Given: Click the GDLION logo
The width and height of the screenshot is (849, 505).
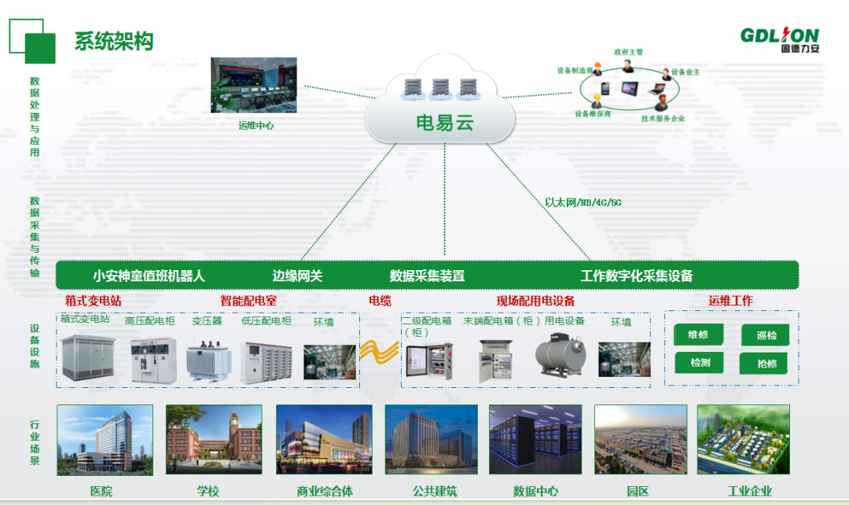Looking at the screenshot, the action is pyautogui.click(x=779, y=36).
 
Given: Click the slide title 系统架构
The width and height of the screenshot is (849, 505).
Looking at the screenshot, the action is pyautogui.click(x=113, y=41).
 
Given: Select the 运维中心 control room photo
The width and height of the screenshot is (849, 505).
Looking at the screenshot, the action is pyautogui.click(x=253, y=85).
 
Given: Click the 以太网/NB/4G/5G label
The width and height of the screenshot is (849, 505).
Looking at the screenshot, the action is pyautogui.click(x=583, y=203).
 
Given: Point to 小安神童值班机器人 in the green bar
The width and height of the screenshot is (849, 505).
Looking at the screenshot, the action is pyautogui.click(x=149, y=276).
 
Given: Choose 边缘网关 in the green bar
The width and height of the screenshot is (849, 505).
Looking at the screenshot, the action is pyautogui.click(x=297, y=276).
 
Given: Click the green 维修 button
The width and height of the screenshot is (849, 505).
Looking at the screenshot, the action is pyautogui.click(x=698, y=335).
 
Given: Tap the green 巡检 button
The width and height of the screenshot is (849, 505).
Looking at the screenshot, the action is pyautogui.click(x=766, y=335).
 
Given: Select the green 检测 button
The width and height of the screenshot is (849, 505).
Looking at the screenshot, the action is pyautogui.click(x=700, y=363).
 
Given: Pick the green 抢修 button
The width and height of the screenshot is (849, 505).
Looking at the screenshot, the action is pyautogui.click(x=766, y=364).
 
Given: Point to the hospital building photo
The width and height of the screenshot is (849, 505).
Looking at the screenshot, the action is pyautogui.click(x=105, y=440).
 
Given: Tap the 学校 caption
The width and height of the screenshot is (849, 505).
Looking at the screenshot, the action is pyautogui.click(x=208, y=492).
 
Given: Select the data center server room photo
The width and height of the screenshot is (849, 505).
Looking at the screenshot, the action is pyautogui.click(x=535, y=440).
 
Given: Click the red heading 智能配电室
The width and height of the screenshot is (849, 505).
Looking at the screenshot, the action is pyautogui.click(x=248, y=301).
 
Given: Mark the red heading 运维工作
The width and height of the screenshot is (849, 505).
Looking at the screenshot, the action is pyautogui.click(x=730, y=301).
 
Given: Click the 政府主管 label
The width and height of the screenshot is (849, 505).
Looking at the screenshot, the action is pyautogui.click(x=628, y=53).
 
